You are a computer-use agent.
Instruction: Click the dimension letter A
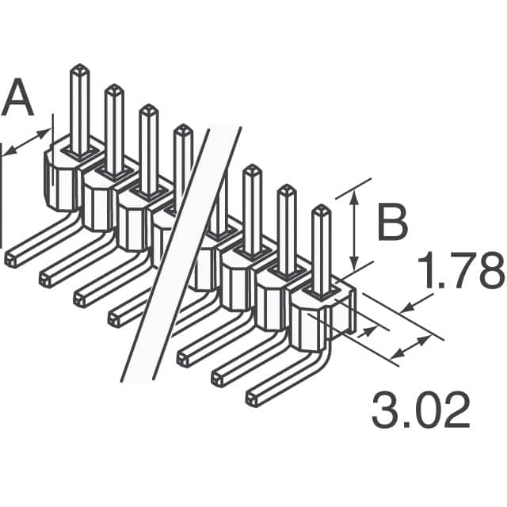click(x=19, y=101)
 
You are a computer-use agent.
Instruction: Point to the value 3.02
click(x=421, y=411)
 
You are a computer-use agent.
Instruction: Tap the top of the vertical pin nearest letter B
click(x=321, y=210)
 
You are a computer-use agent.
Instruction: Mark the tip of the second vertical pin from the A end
click(x=114, y=88)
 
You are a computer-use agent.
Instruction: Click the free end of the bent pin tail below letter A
click(x=11, y=260)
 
